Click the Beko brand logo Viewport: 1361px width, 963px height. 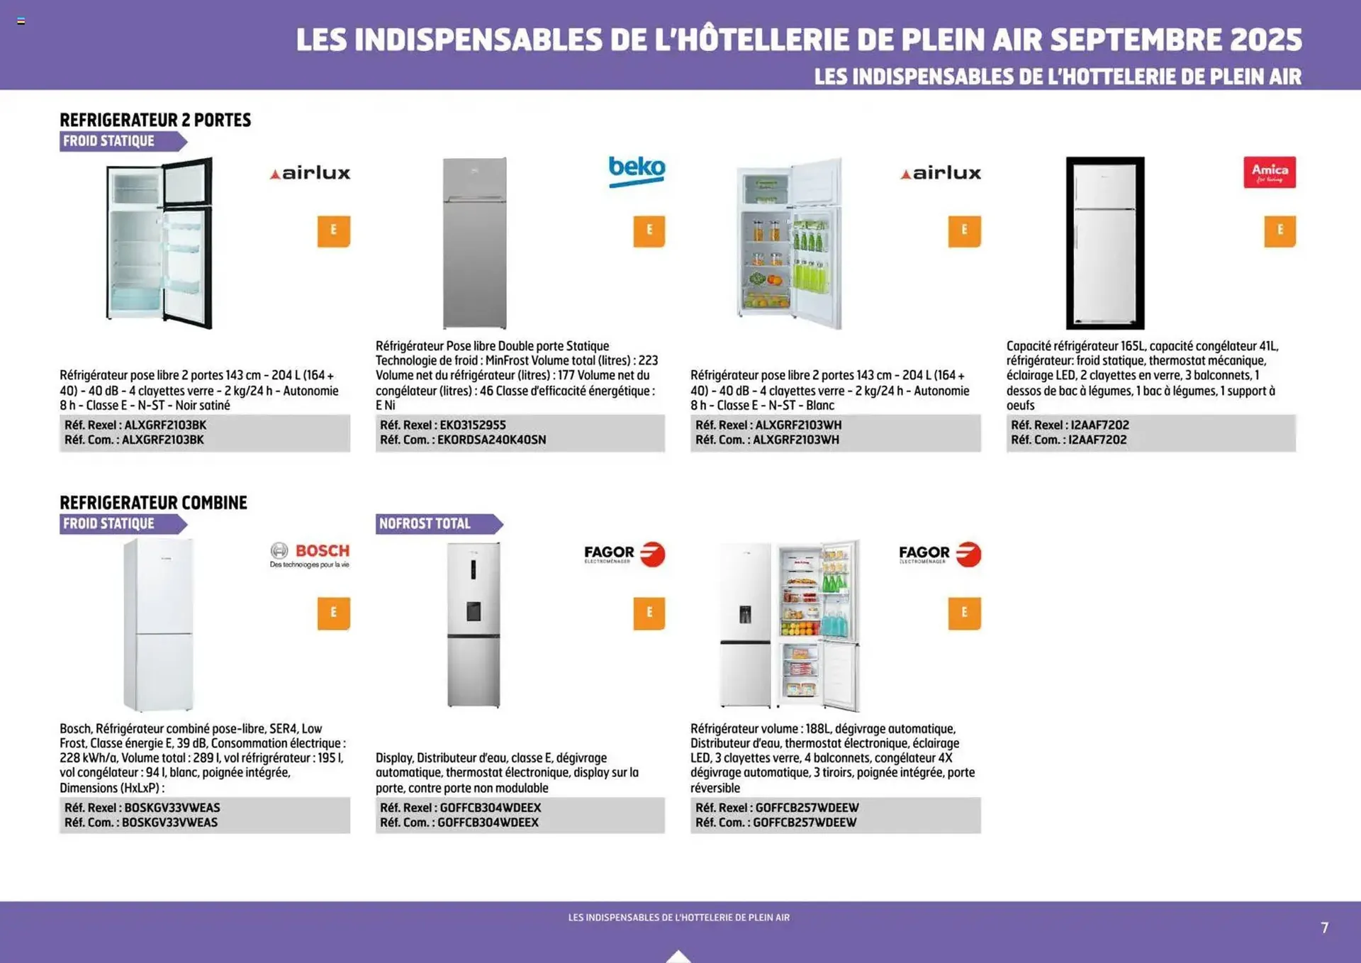(637, 171)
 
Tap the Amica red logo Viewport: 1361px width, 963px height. (1269, 172)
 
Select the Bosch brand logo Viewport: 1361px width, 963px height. (310, 554)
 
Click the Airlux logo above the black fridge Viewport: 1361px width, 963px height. (310, 173)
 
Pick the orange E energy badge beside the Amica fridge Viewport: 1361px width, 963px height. (1279, 230)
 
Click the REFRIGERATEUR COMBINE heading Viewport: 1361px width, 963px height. (153, 503)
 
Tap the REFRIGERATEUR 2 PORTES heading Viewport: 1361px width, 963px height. (155, 120)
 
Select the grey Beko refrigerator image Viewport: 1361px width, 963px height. (474, 243)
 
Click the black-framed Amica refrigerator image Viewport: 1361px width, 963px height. (1104, 243)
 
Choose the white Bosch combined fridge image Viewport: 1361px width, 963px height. (158, 625)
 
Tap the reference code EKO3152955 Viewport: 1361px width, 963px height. (472, 425)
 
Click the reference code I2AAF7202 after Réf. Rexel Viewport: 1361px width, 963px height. (1099, 425)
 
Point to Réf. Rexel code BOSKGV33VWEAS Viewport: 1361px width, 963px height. (172, 808)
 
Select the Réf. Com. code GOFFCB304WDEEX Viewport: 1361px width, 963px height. (488, 823)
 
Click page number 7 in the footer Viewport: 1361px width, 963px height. (1324, 928)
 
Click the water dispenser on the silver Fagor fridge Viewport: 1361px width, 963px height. (474, 611)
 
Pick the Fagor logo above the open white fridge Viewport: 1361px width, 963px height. (939, 554)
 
